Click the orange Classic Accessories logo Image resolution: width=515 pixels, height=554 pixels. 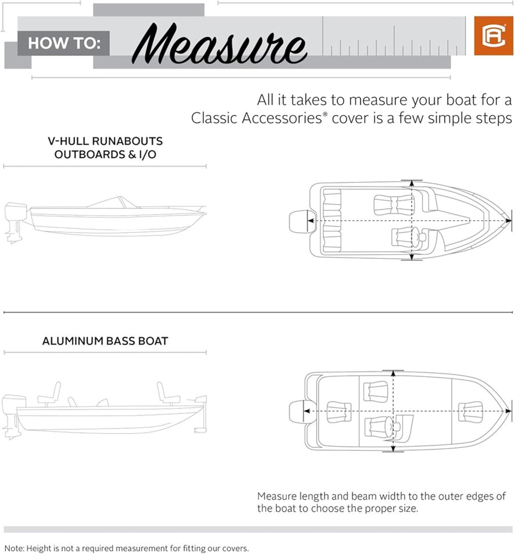click(x=493, y=36)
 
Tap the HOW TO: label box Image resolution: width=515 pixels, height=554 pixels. click(x=64, y=43)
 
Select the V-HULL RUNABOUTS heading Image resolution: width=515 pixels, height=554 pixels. click(x=105, y=141)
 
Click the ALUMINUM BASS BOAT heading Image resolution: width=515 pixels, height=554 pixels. click(x=105, y=341)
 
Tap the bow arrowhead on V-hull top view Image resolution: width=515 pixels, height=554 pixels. click(x=509, y=221)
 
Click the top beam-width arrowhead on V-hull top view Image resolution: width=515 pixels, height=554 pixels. click(x=412, y=184)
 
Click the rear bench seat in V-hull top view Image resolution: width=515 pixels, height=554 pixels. click(x=331, y=221)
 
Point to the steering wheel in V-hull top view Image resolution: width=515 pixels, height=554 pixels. click(x=415, y=236)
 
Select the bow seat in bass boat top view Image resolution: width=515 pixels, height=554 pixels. click(x=470, y=411)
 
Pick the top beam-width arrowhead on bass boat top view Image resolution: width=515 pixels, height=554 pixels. click(x=393, y=373)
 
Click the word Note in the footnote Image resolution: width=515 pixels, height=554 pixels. click(x=14, y=548)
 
